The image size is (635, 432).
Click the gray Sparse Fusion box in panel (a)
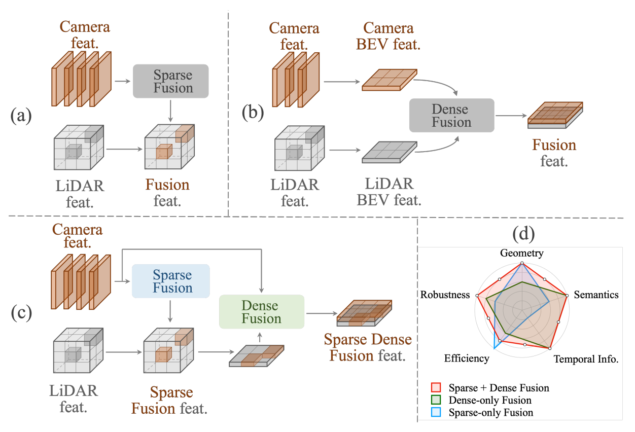(170, 81)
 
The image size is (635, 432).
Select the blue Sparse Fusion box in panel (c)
(170, 281)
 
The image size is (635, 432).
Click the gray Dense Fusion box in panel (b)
(451, 116)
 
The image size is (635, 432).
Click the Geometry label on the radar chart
(521, 253)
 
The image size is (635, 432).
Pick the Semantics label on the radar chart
(596, 294)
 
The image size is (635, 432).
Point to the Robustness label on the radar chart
(445, 295)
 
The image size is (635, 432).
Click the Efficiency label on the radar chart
(467, 358)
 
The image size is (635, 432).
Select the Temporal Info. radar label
(586, 359)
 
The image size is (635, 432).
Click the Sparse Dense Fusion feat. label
(368, 347)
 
